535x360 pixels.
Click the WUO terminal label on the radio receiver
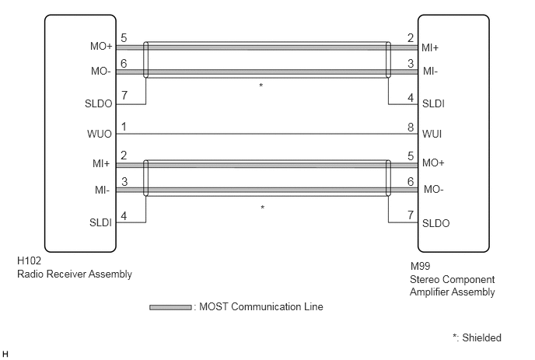click(x=100, y=134)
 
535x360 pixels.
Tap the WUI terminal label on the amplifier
click(x=432, y=134)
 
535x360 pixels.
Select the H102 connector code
click(x=29, y=260)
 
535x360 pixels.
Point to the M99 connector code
click(x=420, y=266)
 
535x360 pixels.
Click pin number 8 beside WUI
click(x=411, y=128)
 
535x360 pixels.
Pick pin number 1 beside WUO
click(x=124, y=127)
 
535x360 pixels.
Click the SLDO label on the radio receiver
click(x=98, y=103)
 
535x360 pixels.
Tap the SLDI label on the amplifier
click(x=433, y=103)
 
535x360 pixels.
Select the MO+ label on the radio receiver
click(x=101, y=46)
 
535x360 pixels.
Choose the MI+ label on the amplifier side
click(x=430, y=47)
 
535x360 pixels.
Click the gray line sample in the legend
click(x=170, y=307)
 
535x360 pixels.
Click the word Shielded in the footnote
click(x=481, y=337)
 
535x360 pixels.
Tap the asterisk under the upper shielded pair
click(x=261, y=86)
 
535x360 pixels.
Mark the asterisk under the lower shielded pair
click(x=262, y=208)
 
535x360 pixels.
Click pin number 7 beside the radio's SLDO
click(x=124, y=96)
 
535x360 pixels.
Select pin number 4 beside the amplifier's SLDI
click(x=411, y=98)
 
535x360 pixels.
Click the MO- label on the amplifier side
click(x=433, y=189)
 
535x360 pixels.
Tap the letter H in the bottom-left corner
click(x=5, y=355)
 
